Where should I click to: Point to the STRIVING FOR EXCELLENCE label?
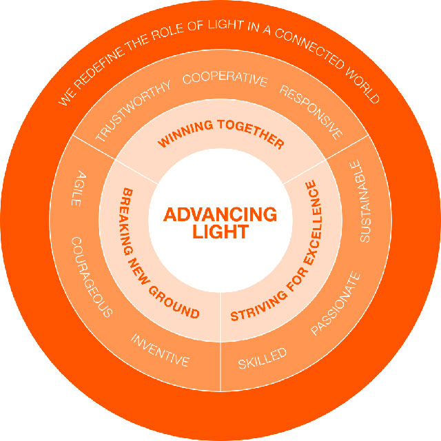[284, 256]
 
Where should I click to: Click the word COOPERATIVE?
[224, 79]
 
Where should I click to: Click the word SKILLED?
[262, 359]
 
